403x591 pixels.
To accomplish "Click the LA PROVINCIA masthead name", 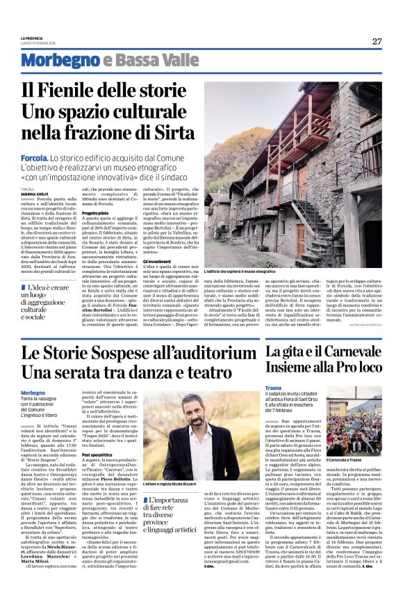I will (32, 38).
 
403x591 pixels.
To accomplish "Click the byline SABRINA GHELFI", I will (33, 194).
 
